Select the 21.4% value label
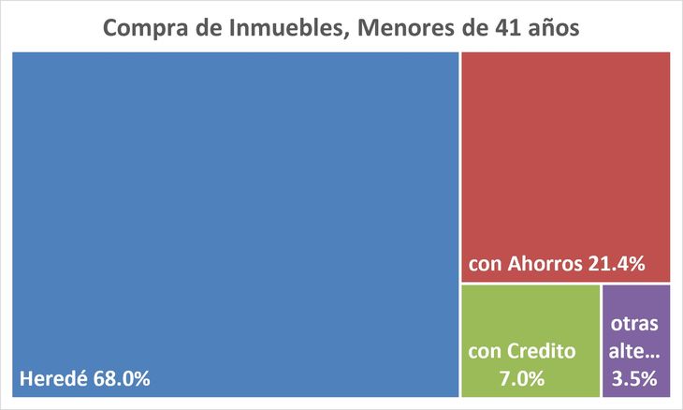pyautogui.click(x=617, y=264)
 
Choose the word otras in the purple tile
pyautogui.click(x=634, y=325)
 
